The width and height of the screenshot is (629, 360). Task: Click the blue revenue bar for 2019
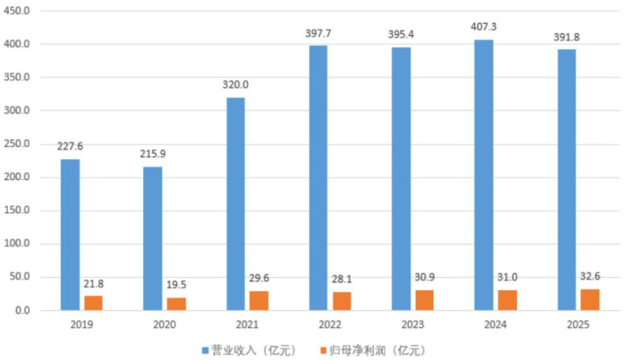coord(70,234)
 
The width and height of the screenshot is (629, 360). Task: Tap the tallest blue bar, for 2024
coord(483,175)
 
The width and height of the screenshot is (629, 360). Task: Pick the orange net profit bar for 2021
coord(259,300)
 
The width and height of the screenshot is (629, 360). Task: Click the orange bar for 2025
coord(590,299)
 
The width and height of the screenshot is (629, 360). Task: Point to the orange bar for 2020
coord(176,303)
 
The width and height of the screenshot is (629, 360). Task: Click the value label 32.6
coord(591,277)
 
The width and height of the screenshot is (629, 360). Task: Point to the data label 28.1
coord(342,280)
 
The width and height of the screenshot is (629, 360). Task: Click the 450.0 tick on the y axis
coord(20,10)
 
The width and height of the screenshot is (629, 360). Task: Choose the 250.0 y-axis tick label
coord(20,143)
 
